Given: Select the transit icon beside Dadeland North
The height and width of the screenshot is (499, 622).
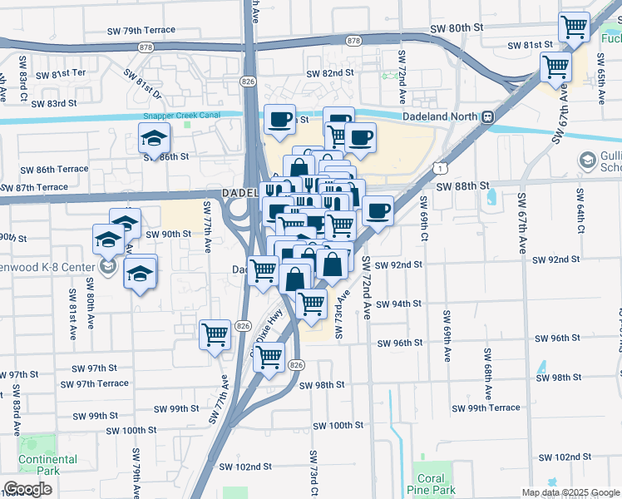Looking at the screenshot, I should pos(487,117).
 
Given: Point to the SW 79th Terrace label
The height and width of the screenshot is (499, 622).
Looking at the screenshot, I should pos(141,30).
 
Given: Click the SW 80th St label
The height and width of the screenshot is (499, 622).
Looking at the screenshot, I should pos(457,27).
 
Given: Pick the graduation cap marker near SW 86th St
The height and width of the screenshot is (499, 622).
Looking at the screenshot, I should pos(155,139).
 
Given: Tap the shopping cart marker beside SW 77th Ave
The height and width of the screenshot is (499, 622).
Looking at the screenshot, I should pos(215,334).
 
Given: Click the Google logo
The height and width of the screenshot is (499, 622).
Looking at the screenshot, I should pos(28,489).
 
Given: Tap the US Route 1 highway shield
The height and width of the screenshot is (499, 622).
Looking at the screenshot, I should pos(437,168).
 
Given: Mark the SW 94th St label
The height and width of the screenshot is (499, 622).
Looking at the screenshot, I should pos(397,304).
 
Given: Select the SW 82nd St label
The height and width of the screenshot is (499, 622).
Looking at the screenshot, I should pos(330,73).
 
